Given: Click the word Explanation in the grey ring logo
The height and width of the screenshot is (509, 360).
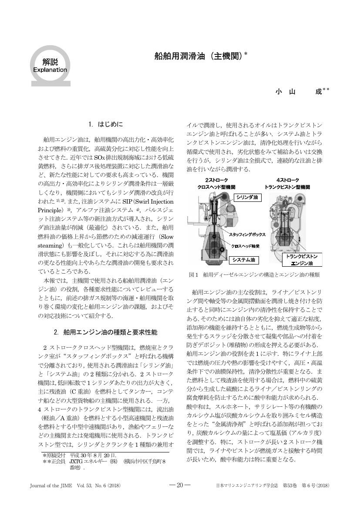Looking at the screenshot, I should pyautogui.click(x=50, y=70).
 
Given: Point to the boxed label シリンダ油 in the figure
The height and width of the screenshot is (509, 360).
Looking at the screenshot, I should pyautogui.click(x=247, y=197).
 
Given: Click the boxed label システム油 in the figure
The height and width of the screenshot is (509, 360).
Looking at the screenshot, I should pyautogui.click(x=243, y=260).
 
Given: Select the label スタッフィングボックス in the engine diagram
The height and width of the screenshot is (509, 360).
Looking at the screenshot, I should pyautogui.click(x=247, y=234).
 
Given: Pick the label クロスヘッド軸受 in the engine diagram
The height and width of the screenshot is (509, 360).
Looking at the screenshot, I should pyautogui.click(x=245, y=245).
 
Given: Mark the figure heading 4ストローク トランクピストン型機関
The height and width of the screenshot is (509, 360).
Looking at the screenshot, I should pyautogui.click(x=288, y=183).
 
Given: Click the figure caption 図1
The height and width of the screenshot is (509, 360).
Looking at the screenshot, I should pyautogui.click(x=193, y=275).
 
